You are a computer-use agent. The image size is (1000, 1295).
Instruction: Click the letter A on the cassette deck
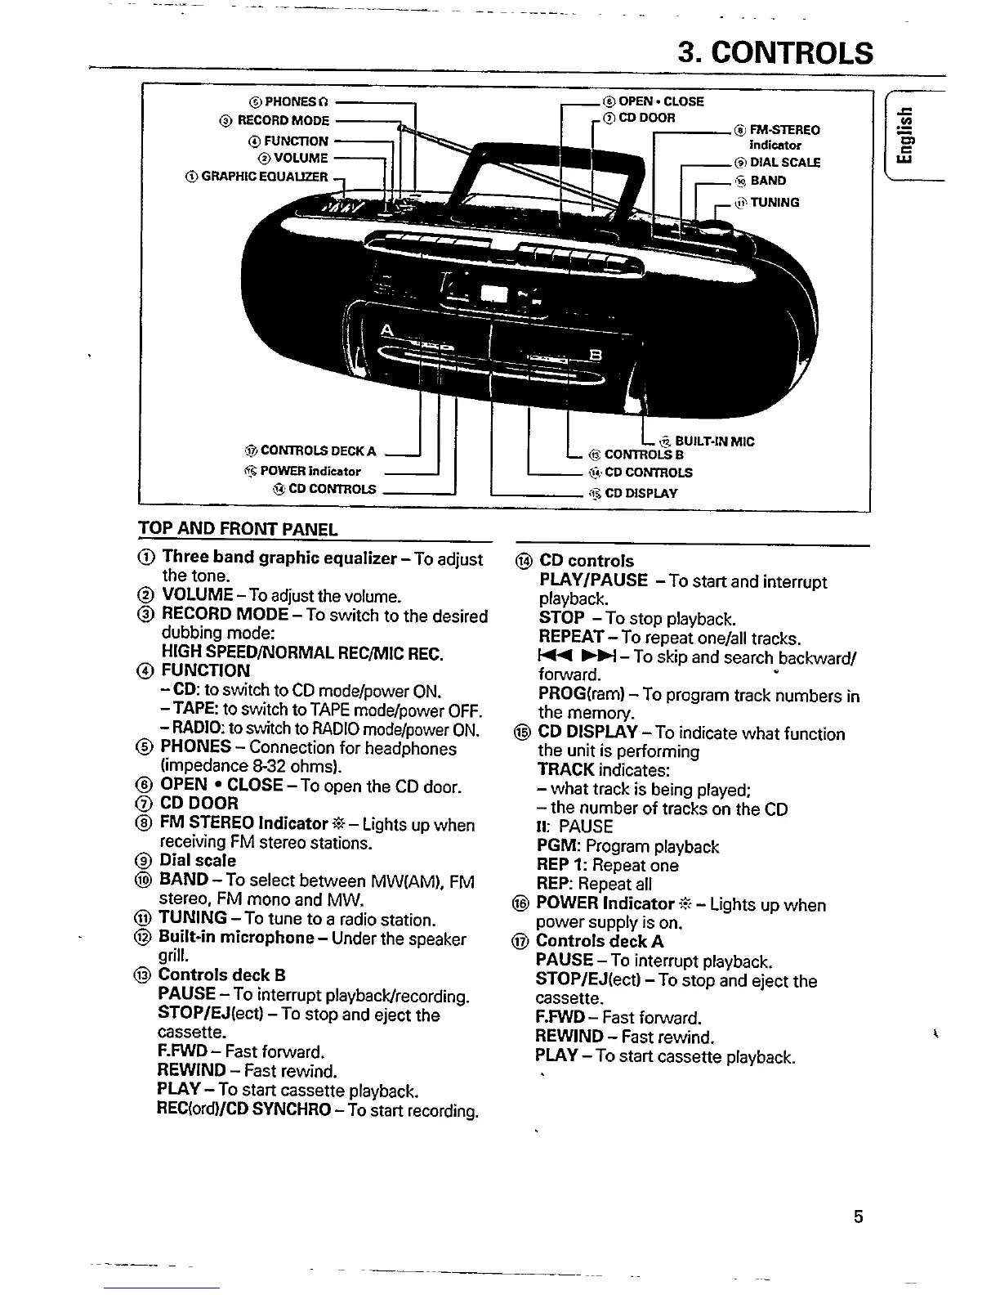(386, 330)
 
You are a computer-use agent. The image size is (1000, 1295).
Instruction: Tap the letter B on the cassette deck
(595, 354)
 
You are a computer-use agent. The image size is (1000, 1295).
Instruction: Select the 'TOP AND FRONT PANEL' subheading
(237, 529)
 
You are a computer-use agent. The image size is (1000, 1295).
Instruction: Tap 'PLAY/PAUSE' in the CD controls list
(593, 581)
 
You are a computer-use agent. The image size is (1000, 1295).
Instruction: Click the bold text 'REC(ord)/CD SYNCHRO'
(243, 1110)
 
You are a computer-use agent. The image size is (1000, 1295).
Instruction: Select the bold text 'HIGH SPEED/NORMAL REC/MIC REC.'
(302, 653)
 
